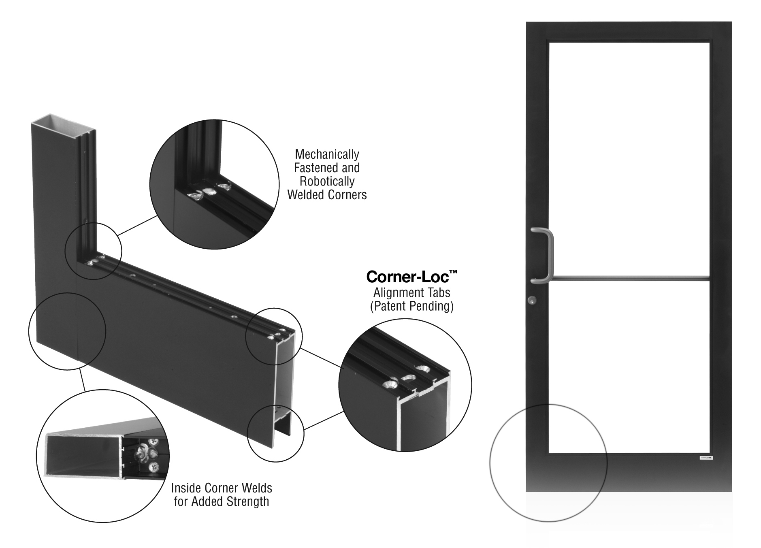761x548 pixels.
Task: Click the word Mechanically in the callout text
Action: [327, 154]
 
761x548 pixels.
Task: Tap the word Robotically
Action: [327, 181]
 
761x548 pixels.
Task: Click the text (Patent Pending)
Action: [412, 306]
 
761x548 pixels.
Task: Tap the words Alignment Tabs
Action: [412, 292]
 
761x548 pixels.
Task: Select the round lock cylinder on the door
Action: [531, 300]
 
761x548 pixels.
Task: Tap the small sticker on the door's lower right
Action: [706, 458]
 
